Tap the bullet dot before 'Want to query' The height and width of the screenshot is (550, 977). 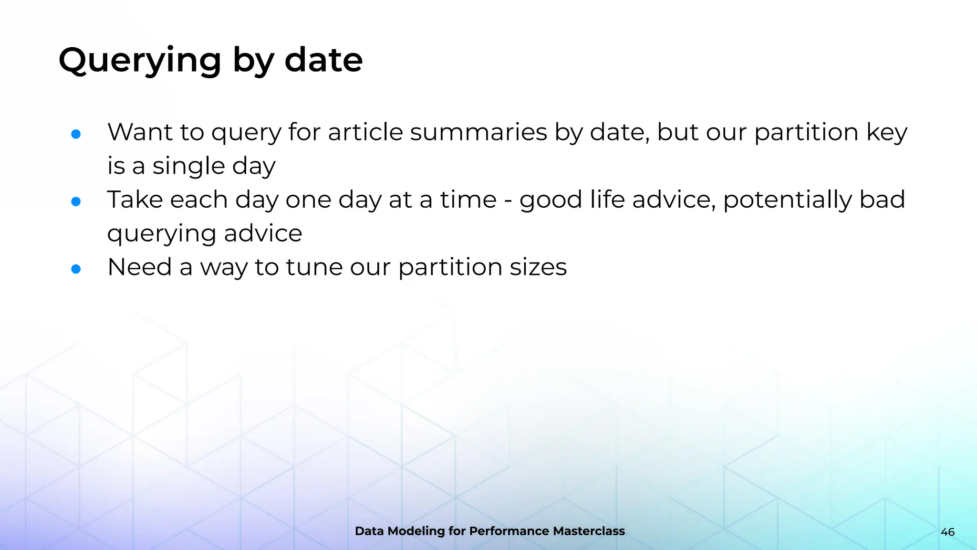point(76,134)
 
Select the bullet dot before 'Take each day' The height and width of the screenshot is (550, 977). point(76,201)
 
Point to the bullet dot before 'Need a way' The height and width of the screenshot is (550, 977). point(76,269)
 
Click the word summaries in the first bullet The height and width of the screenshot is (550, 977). point(478,132)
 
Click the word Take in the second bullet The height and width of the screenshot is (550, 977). point(135,200)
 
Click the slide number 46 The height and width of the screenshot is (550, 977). point(947,532)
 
